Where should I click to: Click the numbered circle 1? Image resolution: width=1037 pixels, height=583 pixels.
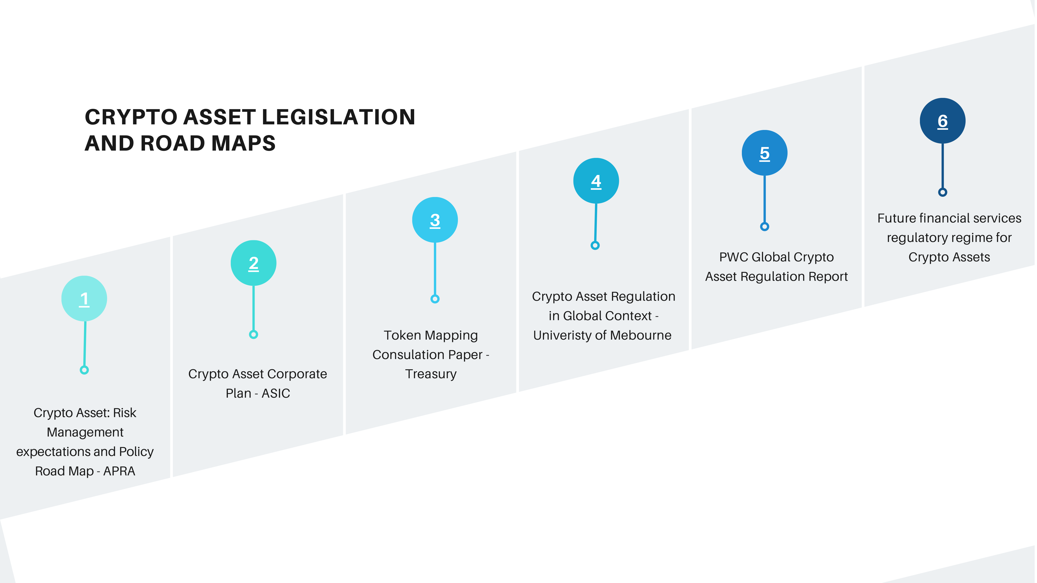[x=84, y=298]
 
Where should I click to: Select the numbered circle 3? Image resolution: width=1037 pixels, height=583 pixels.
[x=435, y=220]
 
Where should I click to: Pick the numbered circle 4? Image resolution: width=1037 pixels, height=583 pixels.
[x=596, y=181]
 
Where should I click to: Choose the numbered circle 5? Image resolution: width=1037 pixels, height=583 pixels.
[x=764, y=153]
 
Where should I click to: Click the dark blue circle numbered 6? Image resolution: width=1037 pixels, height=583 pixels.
[x=943, y=121]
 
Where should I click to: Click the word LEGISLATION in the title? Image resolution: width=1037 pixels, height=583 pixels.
[x=339, y=117]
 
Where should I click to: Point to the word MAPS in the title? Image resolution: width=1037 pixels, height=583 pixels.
[x=244, y=143]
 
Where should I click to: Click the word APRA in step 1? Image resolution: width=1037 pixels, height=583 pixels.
[x=119, y=471]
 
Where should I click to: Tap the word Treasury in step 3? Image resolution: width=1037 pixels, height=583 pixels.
[x=431, y=374]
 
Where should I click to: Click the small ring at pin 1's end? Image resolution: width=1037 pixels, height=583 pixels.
[x=84, y=370]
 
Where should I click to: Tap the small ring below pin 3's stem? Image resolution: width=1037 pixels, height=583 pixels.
[x=435, y=299]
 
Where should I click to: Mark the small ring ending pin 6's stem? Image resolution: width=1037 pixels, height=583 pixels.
[x=943, y=192]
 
